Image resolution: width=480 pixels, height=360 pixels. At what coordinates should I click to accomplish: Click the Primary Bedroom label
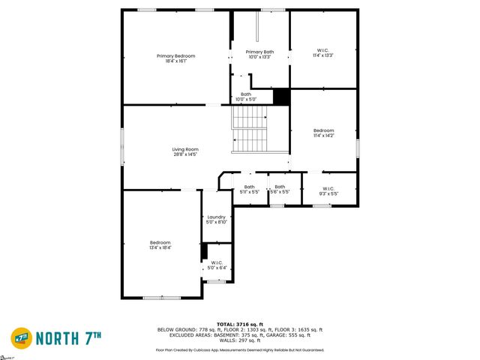(175, 56)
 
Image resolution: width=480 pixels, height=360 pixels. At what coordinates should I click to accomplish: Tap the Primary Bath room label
(260, 52)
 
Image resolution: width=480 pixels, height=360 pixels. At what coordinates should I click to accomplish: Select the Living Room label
(184, 149)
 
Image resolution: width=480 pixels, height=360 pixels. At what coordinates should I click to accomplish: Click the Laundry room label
(216, 217)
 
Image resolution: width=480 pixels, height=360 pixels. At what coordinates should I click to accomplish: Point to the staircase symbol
(250, 128)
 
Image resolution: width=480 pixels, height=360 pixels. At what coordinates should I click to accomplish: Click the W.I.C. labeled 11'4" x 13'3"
(323, 50)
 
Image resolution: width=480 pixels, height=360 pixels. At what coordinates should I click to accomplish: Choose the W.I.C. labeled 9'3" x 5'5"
(328, 188)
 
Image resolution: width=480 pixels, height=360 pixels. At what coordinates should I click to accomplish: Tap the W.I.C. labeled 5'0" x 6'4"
(216, 262)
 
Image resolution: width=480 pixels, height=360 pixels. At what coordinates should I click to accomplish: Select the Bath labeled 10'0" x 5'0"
(245, 94)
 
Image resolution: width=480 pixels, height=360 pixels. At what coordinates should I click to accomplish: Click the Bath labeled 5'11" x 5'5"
(249, 187)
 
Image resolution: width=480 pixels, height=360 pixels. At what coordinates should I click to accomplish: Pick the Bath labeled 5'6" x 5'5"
(280, 187)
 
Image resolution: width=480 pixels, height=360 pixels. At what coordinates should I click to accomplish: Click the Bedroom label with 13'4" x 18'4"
(160, 242)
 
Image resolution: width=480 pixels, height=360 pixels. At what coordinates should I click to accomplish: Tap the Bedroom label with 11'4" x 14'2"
(323, 130)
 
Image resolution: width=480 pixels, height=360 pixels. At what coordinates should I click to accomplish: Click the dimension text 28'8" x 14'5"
(184, 154)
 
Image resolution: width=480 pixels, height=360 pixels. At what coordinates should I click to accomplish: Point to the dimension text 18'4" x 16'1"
(175, 61)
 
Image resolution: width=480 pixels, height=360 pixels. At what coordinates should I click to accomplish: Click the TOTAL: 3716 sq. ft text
(239, 324)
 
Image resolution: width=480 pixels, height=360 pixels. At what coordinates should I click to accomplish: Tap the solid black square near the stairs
(281, 97)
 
